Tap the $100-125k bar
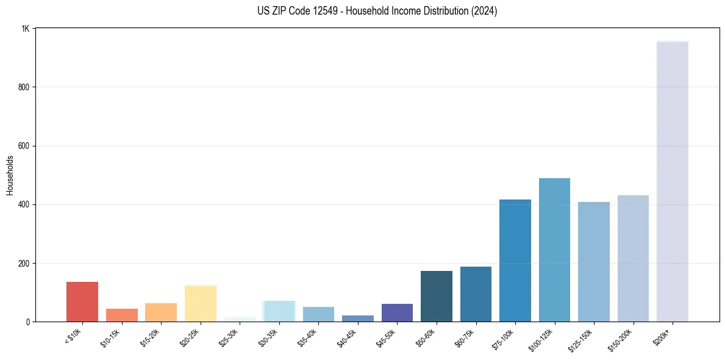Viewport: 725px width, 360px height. point(554,250)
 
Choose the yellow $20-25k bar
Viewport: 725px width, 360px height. point(201,303)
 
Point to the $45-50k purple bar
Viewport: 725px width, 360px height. point(397,312)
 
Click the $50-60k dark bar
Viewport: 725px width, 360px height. point(437,296)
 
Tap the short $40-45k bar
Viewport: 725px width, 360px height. point(358,319)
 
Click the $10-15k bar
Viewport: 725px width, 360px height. point(122,315)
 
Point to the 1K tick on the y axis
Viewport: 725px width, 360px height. point(26,29)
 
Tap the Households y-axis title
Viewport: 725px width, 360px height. point(10,175)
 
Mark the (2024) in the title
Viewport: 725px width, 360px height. point(484,11)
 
